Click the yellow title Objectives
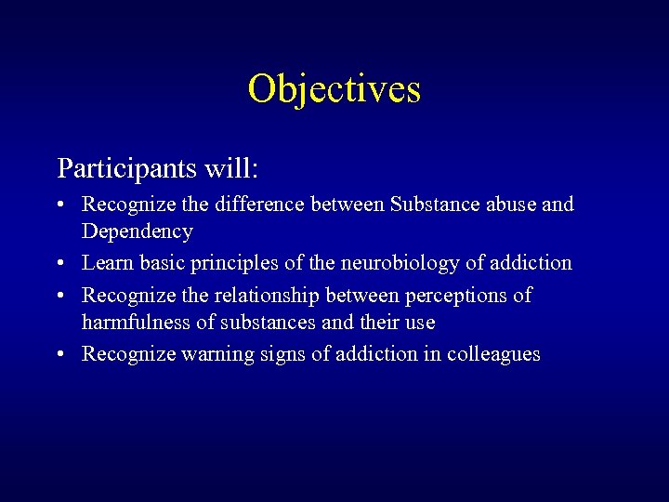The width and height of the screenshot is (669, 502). point(334,90)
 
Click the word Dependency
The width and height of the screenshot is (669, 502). point(138,231)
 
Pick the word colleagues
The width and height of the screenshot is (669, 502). point(493,354)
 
